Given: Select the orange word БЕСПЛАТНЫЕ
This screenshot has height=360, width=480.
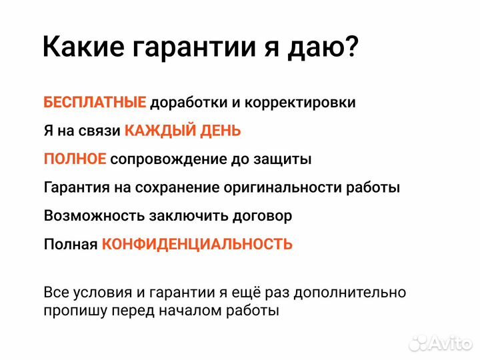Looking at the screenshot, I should coord(95,103).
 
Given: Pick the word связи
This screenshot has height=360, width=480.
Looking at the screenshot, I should coord(103,131).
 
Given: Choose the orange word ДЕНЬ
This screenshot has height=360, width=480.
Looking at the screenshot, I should coord(221,131).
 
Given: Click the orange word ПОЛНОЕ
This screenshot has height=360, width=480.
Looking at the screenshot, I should coord(75,159).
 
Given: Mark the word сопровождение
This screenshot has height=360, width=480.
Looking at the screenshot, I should coord(176,160).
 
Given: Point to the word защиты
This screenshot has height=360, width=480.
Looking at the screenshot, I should coord(287,160).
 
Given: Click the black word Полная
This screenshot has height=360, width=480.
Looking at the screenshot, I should coord(71,244).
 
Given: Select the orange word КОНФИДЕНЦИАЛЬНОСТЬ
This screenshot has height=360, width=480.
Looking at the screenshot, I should coord(197,244).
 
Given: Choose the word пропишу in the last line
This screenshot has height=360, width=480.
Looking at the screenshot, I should coord(71,311).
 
